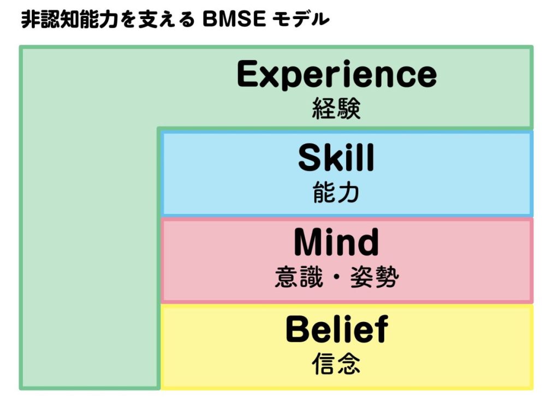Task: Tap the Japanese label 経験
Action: click(337, 109)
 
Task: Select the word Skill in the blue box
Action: click(336, 159)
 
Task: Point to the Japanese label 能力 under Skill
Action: click(336, 192)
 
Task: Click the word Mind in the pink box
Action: click(336, 243)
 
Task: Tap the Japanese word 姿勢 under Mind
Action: click(376, 277)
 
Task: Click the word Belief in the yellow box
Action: click(337, 329)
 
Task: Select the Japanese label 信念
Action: click(336, 363)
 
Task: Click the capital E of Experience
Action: click(249, 74)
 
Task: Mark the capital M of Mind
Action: click(310, 243)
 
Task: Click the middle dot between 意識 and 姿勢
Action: click(337, 278)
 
